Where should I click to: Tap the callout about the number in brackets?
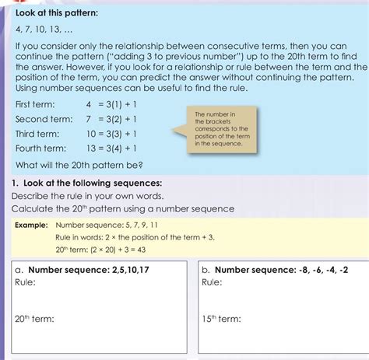[x=221, y=128]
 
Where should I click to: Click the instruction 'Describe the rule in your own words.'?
[x=92, y=195]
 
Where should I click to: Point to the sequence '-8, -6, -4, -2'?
[x=328, y=270]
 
